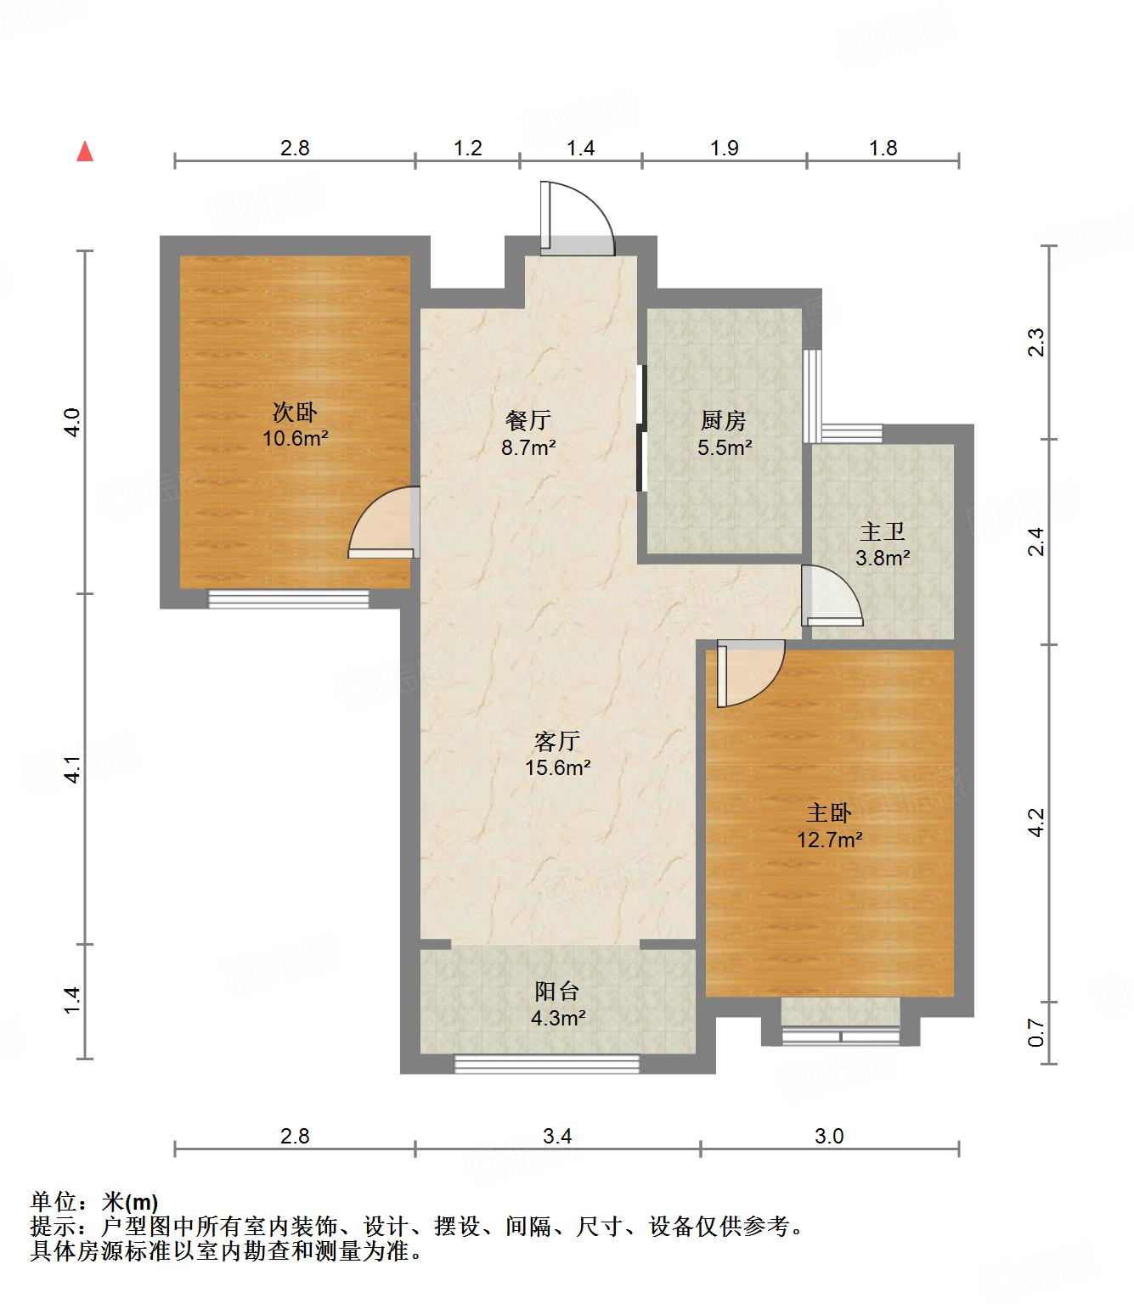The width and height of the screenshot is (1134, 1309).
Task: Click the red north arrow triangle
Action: tap(85, 152)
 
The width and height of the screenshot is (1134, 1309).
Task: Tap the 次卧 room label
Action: tap(295, 413)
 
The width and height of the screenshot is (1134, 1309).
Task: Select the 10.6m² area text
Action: tap(296, 438)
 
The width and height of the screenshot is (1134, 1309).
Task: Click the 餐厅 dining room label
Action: tap(528, 420)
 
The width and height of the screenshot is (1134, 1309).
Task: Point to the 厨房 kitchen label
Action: tap(724, 420)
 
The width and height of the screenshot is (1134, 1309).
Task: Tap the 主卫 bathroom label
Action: tap(883, 531)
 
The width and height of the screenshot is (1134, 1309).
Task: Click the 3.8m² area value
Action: tap(883, 558)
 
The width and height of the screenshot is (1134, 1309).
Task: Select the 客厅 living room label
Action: tap(557, 741)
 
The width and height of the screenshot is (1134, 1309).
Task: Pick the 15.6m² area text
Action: tap(558, 767)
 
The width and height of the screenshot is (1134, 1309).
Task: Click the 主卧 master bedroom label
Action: tap(828, 813)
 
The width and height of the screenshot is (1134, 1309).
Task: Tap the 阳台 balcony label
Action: tap(557, 992)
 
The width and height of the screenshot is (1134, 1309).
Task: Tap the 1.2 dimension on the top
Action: tap(468, 149)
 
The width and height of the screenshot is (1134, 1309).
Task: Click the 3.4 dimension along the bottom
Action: tap(557, 1136)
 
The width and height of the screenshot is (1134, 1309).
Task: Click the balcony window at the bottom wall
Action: tap(546, 1065)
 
